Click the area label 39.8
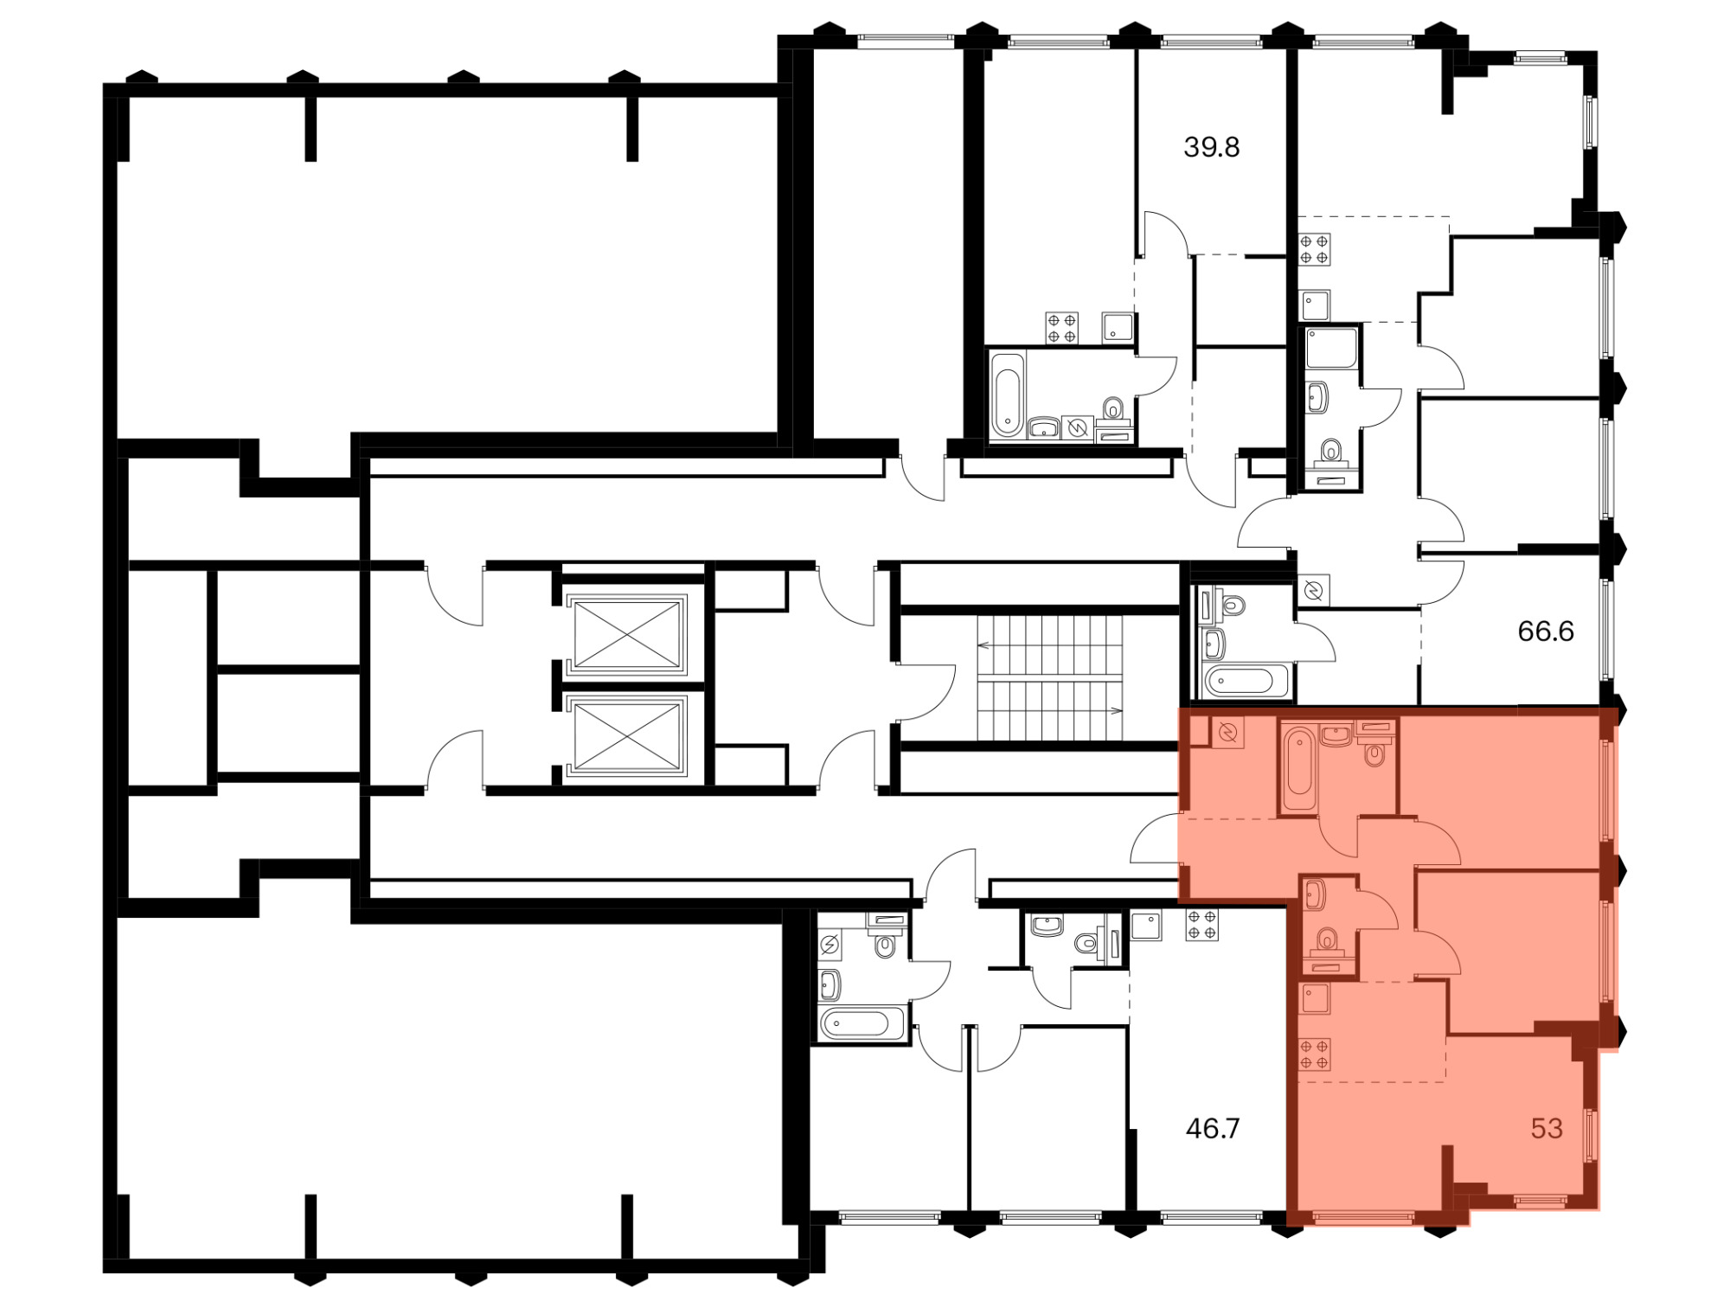1211,147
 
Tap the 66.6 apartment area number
1546,632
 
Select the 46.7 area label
1212,1128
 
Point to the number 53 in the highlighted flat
1547,1128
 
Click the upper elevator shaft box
627,634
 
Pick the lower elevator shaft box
627,736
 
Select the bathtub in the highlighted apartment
1298,768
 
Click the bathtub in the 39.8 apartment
1008,394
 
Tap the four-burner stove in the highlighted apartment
1314,1054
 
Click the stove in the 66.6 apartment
1314,250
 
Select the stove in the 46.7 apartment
1201,925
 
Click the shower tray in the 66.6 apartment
1332,349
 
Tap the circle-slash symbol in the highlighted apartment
1227,734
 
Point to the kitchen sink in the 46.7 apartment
1146,925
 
